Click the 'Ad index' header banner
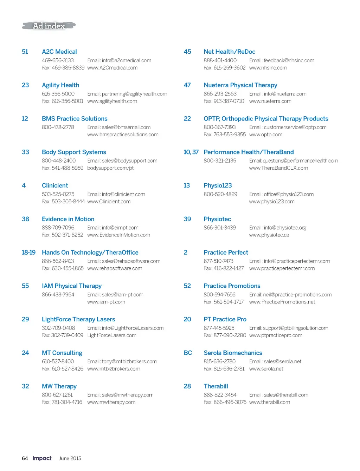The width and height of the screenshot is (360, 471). [x=49, y=26]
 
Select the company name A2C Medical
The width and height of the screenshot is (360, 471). [x=59, y=52]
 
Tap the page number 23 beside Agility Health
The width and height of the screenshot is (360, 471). [x=25, y=85]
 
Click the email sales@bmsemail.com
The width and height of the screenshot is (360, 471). [x=119, y=127]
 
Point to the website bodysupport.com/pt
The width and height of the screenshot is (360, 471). [x=110, y=168]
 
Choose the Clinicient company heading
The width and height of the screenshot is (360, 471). [x=55, y=185]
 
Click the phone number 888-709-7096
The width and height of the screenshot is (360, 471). [x=58, y=228]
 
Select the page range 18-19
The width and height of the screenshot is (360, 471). [x=28, y=253]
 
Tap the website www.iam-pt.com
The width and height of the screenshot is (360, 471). [x=106, y=302]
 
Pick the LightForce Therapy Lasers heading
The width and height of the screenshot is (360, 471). [x=78, y=319]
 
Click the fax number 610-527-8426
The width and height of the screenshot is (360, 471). [x=63, y=369]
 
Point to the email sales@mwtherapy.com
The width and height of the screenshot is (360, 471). [x=120, y=395]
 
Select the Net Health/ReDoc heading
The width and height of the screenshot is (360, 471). [x=229, y=52]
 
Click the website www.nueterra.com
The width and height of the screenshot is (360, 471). [x=270, y=101]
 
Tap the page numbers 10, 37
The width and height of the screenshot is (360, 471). [x=191, y=152]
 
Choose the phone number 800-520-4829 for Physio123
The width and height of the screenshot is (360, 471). [x=220, y=194]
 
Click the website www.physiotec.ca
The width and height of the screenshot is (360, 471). [x=269, y=235]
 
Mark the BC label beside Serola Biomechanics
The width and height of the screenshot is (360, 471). [x=188, y=353]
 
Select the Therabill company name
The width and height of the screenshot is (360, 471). [x=216, y=386]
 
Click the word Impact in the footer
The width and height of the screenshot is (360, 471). [x=42, y=458]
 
